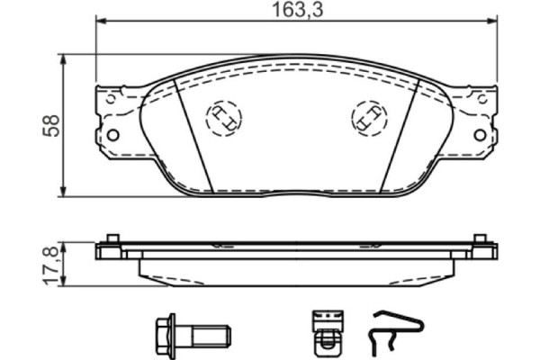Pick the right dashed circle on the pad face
point(368,117)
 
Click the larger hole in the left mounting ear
point(113,135)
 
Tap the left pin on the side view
point(112,239)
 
